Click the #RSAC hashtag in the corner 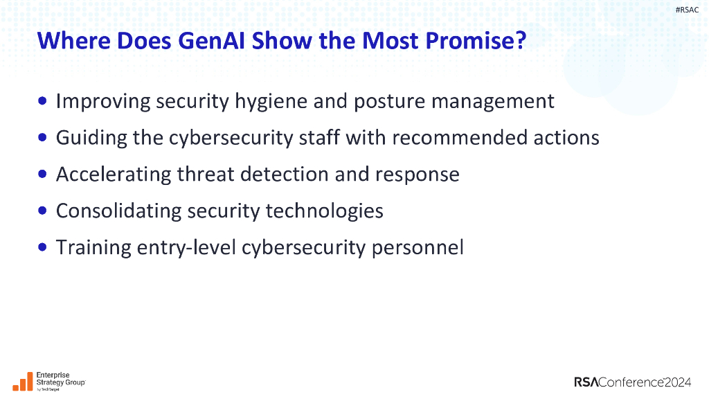(x=687, y=10)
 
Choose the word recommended (x=460, y=137)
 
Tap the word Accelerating (x=114, y=174)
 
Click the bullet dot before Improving (x=44, y=101)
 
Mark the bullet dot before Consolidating (x=44, y=210)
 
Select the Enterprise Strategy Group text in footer (x=60, y=379)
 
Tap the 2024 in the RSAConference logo (x=678, y=382)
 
